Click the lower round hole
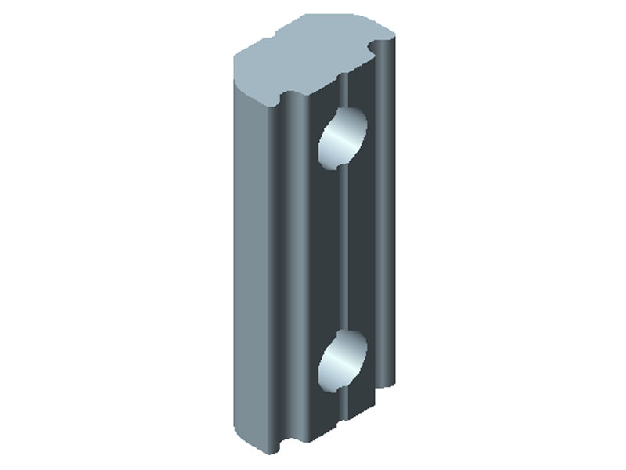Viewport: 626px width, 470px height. (343, 360)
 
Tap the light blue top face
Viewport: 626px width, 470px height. (313, 55)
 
